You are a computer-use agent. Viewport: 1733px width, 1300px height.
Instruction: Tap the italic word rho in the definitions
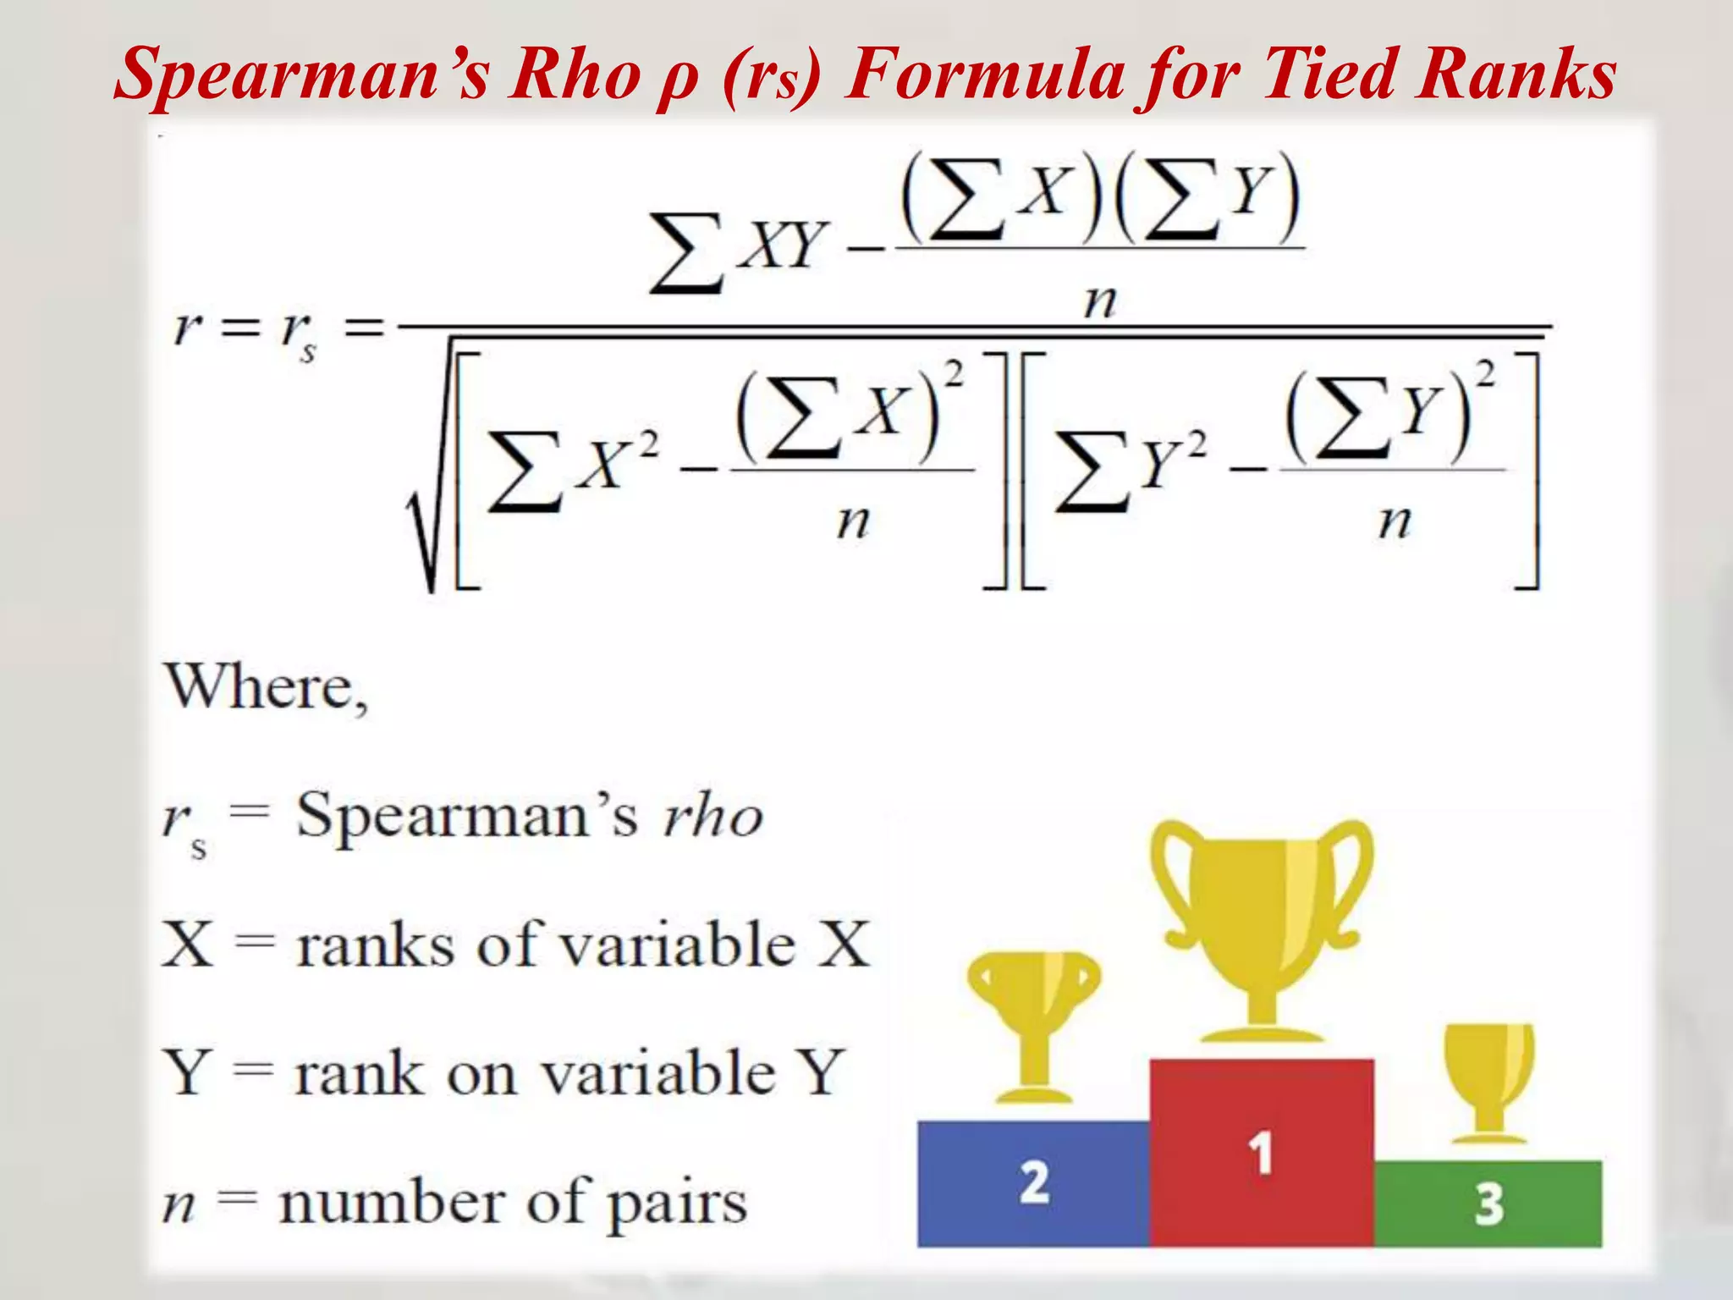pyautogui.click(x=712, y=818)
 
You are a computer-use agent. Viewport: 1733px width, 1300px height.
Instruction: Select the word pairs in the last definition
pyautogui.click(x=677, y=1205)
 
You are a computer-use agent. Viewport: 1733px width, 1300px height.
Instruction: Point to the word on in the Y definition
pyautogui.click(x=481, y=1075)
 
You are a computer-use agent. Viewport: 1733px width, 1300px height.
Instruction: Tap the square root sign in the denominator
pyautogui.click(x=427, y=525)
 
